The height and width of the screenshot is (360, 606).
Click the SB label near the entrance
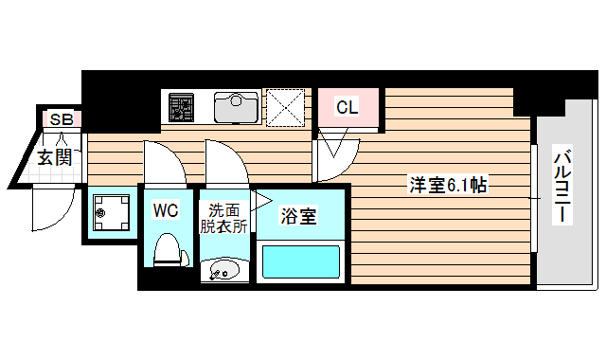tap(62, 119)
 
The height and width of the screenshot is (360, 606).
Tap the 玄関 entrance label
tap(55, 156)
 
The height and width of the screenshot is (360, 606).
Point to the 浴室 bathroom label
tap(297, 216)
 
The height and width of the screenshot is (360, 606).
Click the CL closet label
tap(347, 108)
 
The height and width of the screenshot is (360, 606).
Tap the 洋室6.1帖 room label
tap(448, 186)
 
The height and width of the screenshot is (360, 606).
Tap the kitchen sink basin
tap(235, 107)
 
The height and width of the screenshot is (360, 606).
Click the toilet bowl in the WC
tap(168, 250)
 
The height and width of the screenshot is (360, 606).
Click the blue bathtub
tap(299, 262)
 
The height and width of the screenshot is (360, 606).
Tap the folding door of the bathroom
tap(260, 198)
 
